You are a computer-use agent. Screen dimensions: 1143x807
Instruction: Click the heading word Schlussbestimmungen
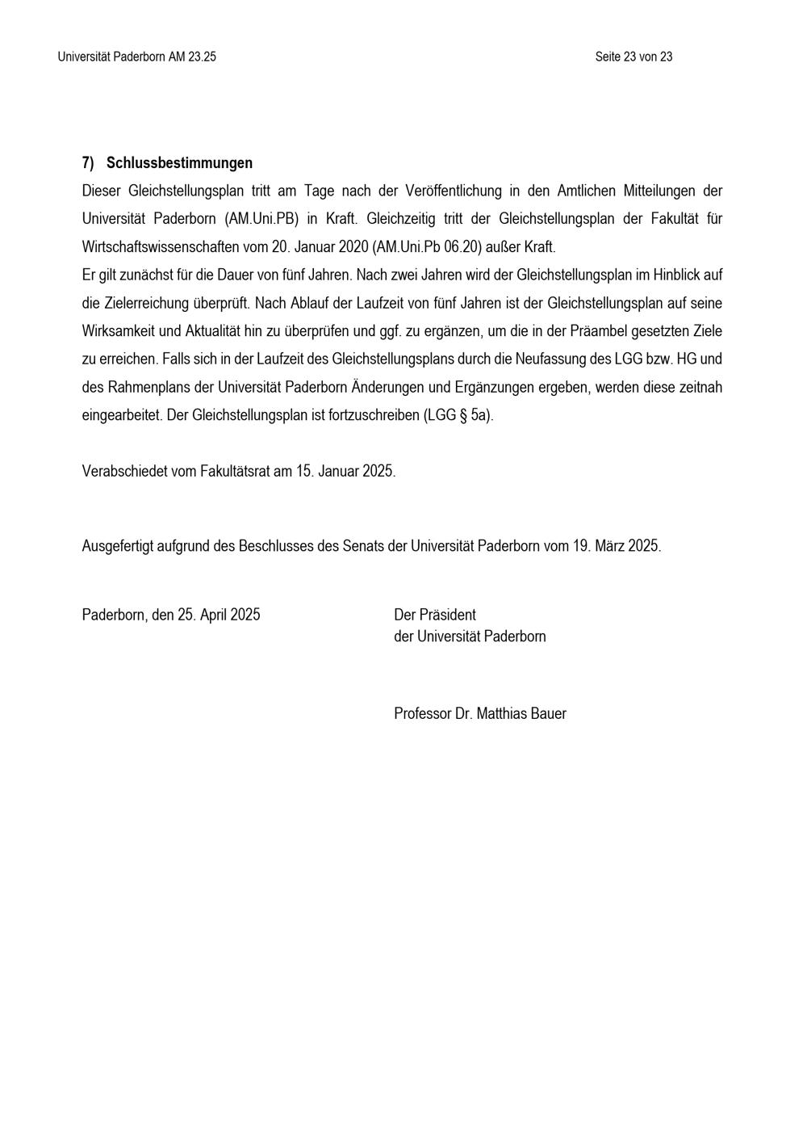pos(179,163)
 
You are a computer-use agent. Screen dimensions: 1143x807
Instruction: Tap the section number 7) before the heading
pos(88,163)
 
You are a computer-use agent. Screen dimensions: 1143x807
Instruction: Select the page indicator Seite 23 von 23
pos(633,57)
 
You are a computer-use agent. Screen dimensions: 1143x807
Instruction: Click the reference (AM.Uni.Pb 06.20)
pos(424,247)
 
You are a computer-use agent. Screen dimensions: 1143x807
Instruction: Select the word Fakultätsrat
pos(234,471)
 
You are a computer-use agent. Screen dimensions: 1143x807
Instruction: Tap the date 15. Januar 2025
pos(345,471)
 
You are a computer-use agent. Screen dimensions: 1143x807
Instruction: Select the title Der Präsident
pos(435,615)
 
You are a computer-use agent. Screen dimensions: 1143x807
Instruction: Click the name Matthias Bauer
pos(521,714)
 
